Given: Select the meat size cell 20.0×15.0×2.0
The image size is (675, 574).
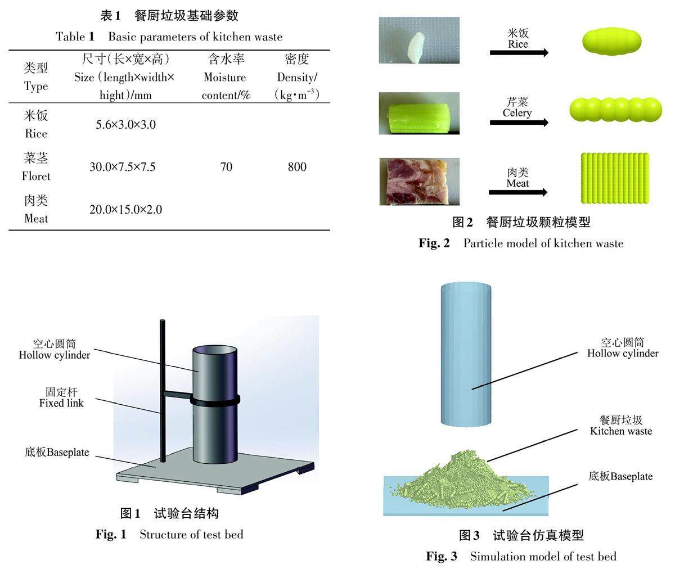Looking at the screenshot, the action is [x=125, y=210].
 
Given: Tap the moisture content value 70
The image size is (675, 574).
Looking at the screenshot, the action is [x=226, y=167].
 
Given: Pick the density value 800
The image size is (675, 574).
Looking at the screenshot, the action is [x=297, y=167].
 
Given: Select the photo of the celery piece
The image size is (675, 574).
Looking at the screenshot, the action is [x=418, y=113].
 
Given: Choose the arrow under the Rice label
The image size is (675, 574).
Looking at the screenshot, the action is [x=518, y=53].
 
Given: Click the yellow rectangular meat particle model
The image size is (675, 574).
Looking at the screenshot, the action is [x=614, y=178].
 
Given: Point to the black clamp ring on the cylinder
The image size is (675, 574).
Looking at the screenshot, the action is [x=215, y=400].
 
